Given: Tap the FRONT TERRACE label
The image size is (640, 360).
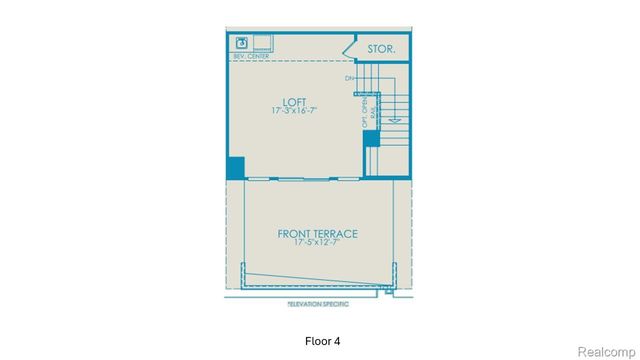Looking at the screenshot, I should [318, 234].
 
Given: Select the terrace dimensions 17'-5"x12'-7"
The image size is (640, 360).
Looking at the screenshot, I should [318, 243].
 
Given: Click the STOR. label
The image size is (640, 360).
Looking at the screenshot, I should [382, 48].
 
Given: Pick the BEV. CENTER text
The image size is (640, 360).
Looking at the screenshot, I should [250, 57].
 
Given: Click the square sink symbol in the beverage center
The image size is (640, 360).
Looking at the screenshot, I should [242, 42].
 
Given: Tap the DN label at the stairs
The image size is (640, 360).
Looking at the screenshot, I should [350, 78].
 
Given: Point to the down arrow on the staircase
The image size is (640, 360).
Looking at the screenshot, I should [394, 120].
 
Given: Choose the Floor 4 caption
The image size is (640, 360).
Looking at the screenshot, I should [320, 341].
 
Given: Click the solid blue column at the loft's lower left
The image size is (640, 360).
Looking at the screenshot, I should [236, 168].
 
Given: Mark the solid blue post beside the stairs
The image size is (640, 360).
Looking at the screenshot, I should [371, 138].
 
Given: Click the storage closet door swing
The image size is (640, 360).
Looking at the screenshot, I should [349, 48].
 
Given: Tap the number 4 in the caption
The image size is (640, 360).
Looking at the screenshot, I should [337, 341].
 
